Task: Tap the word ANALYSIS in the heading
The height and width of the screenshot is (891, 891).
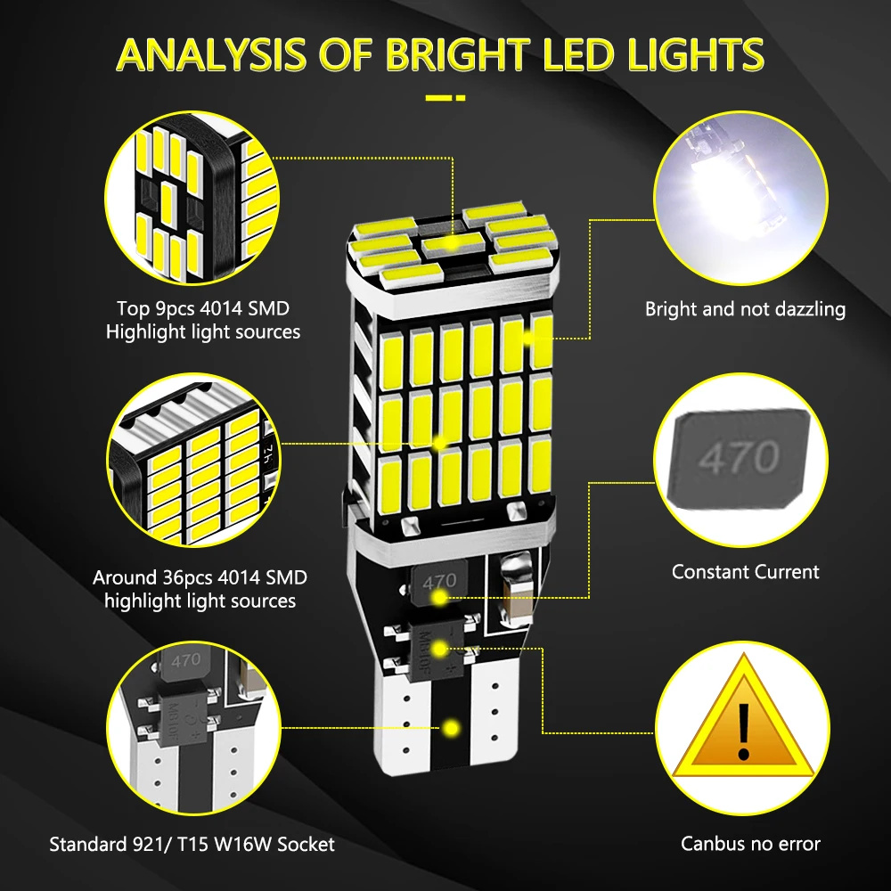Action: point(216,54)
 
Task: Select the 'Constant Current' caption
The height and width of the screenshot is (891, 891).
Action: point(745,572)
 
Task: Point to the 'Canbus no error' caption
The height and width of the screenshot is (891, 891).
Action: point(750,844)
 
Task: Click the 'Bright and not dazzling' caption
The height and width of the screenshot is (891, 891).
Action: point(745,309)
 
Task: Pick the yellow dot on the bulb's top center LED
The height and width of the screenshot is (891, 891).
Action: point(451,242)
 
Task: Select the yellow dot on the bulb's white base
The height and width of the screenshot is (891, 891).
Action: point(452,728)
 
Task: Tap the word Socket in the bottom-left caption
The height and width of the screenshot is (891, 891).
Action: point(306,844)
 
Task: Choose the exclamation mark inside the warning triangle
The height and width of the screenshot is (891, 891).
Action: point(743,731)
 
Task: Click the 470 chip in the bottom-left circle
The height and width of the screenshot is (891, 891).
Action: point(185,659)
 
